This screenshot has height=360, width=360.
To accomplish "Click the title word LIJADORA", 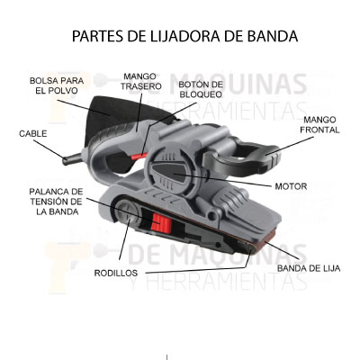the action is tap(180, 36).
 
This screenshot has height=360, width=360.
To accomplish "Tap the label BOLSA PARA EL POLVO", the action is tap(57, 85).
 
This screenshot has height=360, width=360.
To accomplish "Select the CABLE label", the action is tap(33, 134).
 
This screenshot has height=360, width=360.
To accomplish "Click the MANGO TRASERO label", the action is tap(141, 81).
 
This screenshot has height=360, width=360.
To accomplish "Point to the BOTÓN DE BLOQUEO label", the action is tap(201, 89).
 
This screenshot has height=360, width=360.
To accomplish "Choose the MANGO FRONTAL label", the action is tap(319, 125).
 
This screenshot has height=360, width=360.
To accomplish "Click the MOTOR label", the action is tap(291, 186).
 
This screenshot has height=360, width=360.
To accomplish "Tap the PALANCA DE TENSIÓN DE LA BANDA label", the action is tap(56, 202).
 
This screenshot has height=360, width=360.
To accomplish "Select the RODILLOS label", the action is tap(116, 273).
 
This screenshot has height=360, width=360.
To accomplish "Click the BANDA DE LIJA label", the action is tap(309, 268).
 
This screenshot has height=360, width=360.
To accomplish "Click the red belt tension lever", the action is tap(162, 223).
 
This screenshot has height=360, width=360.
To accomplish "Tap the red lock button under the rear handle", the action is tap(139, 156).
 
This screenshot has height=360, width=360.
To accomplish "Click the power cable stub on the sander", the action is tap(72, 158).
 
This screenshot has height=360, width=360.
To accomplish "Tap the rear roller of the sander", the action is tap(127, 212).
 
